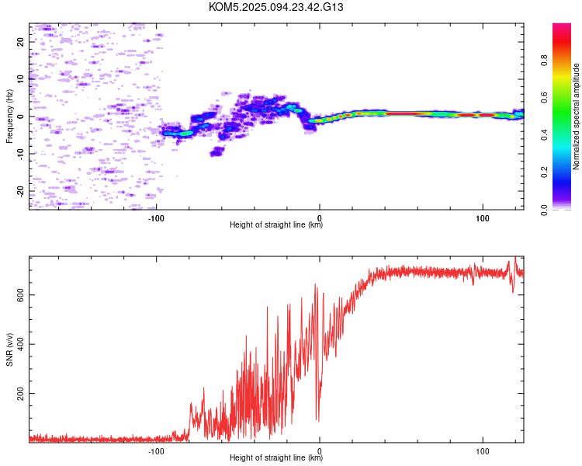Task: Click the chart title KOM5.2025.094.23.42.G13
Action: click(x=275, y=7)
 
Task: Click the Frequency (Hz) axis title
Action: click(x=9, y=116)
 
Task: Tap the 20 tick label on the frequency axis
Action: click(x=20, y=42)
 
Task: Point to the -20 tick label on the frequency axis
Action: click(x=20, y=191)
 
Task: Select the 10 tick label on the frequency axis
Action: click(x=20, y=79)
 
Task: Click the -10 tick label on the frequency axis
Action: click(x=20, y=155)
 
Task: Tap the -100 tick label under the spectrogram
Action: click(x=156, y=218)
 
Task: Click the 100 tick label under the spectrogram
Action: click(x=483, y=218)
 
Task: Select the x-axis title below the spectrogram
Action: click(x=276, y=224)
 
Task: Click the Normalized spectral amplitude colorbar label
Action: click(x=576, y=116)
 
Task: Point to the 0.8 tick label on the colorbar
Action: click(x=544, y=61)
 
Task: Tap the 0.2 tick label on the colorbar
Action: click(x=544, y=172)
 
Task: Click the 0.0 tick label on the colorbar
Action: click(x=544, y=210)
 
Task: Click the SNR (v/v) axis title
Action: click(x=9, y=349)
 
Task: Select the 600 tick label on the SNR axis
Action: click(x=20, y=294)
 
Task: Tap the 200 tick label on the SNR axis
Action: click(x=20, y=393)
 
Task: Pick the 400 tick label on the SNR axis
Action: click(x=20, y=344)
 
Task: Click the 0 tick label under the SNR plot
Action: click(x=320, y=451)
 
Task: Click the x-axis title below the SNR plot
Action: click(x=276, y=457)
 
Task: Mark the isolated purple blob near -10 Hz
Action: click(x=217, y=151)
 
